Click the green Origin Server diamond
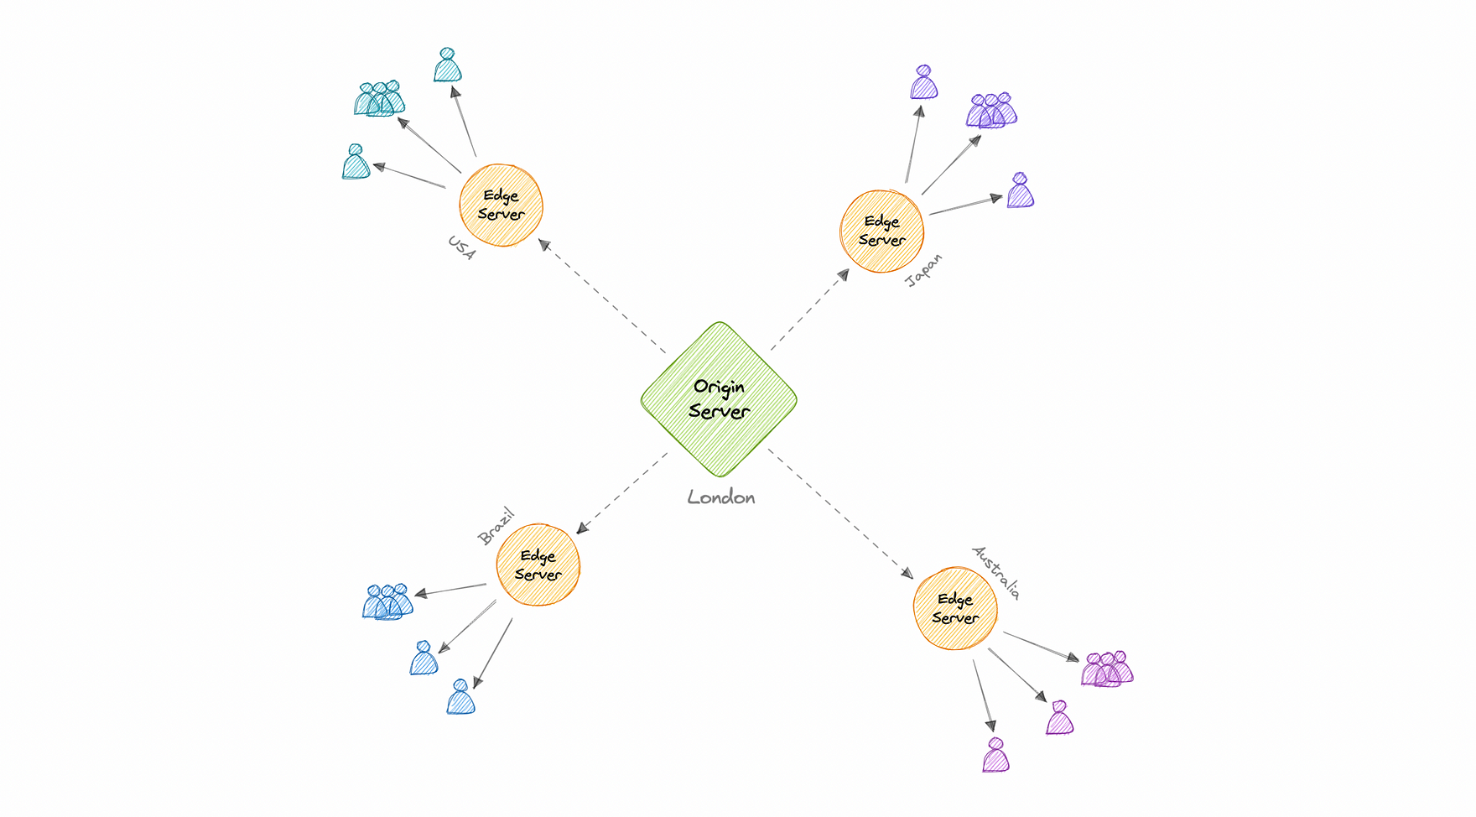pos(719,399)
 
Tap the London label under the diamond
pos(721,497)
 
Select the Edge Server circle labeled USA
pos(502,206)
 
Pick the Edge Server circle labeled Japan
pos(882,232)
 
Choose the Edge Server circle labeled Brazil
pos(538,565)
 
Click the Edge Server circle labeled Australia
pos(955,609)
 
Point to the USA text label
pos(461,248)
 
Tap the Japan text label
pos(924,272)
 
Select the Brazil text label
pos(495,527)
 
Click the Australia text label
pos(996,572)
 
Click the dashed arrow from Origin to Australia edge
pos(841,514)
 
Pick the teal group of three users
pos(379,100)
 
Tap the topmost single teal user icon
pos(448,66)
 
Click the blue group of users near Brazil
pos(387,602)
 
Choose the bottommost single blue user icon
pos(460,698)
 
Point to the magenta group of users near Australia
pos(1107,669)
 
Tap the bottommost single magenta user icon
pos(995,756)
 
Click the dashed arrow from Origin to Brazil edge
pos(622,493)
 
